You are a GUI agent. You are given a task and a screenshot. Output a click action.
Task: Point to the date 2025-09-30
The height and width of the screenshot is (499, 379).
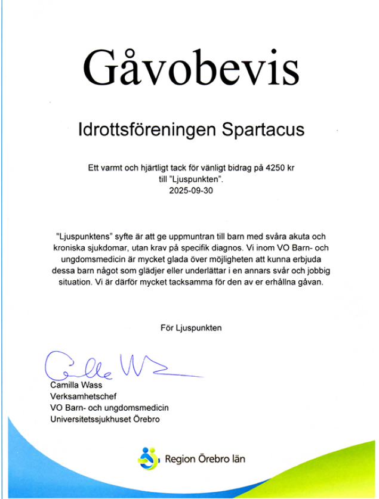click(x=190, y=192)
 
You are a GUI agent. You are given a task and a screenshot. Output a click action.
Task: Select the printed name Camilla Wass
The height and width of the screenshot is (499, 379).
click(x=76, y=385)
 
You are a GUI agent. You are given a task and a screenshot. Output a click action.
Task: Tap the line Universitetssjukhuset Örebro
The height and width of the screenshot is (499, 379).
click(x=104, y=419)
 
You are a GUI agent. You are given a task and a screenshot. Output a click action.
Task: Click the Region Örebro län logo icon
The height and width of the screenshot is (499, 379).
click(x=149, y=458)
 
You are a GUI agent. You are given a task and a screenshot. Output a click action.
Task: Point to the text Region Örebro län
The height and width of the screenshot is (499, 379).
click(x=205, y=458)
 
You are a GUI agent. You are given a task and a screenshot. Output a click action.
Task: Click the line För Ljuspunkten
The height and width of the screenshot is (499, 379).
click(x=191, y=327)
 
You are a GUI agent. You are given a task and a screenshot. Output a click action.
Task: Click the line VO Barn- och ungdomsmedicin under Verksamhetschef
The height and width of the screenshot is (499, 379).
click(x=109, y=407)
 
